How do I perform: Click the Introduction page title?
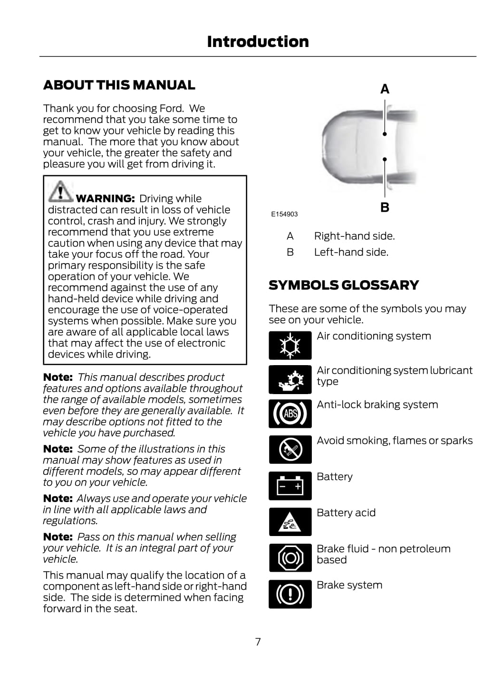click(x=258, y=42)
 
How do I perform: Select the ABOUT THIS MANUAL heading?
click(x=119, y=85)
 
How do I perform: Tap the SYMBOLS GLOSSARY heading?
click(x=343, y=285)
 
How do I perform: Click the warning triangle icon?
click(x=60, y=191)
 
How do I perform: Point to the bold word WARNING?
click(x=105, y=198)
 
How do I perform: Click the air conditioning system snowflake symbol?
click(x=290, y=345)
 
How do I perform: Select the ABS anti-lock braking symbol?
click(x=290, y=414)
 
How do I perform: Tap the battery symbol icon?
click(x=290, y=486)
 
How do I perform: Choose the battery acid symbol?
click(x=290, y=522)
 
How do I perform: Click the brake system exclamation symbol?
click(x=290, y=594)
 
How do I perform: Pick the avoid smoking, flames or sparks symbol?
click(x=290, y=450)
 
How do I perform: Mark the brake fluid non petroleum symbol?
click(x=290, y=558)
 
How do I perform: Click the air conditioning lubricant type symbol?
click(x=290, y=379)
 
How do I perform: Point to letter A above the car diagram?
click(x=385, y=89)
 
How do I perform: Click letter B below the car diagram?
click(x=385, y=207)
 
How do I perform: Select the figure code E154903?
click(x=284, y=214)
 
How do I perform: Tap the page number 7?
click(x=258, y=642)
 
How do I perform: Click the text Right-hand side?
click(x=354, y=236)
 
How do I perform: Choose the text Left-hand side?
click(x=351, y=252)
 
